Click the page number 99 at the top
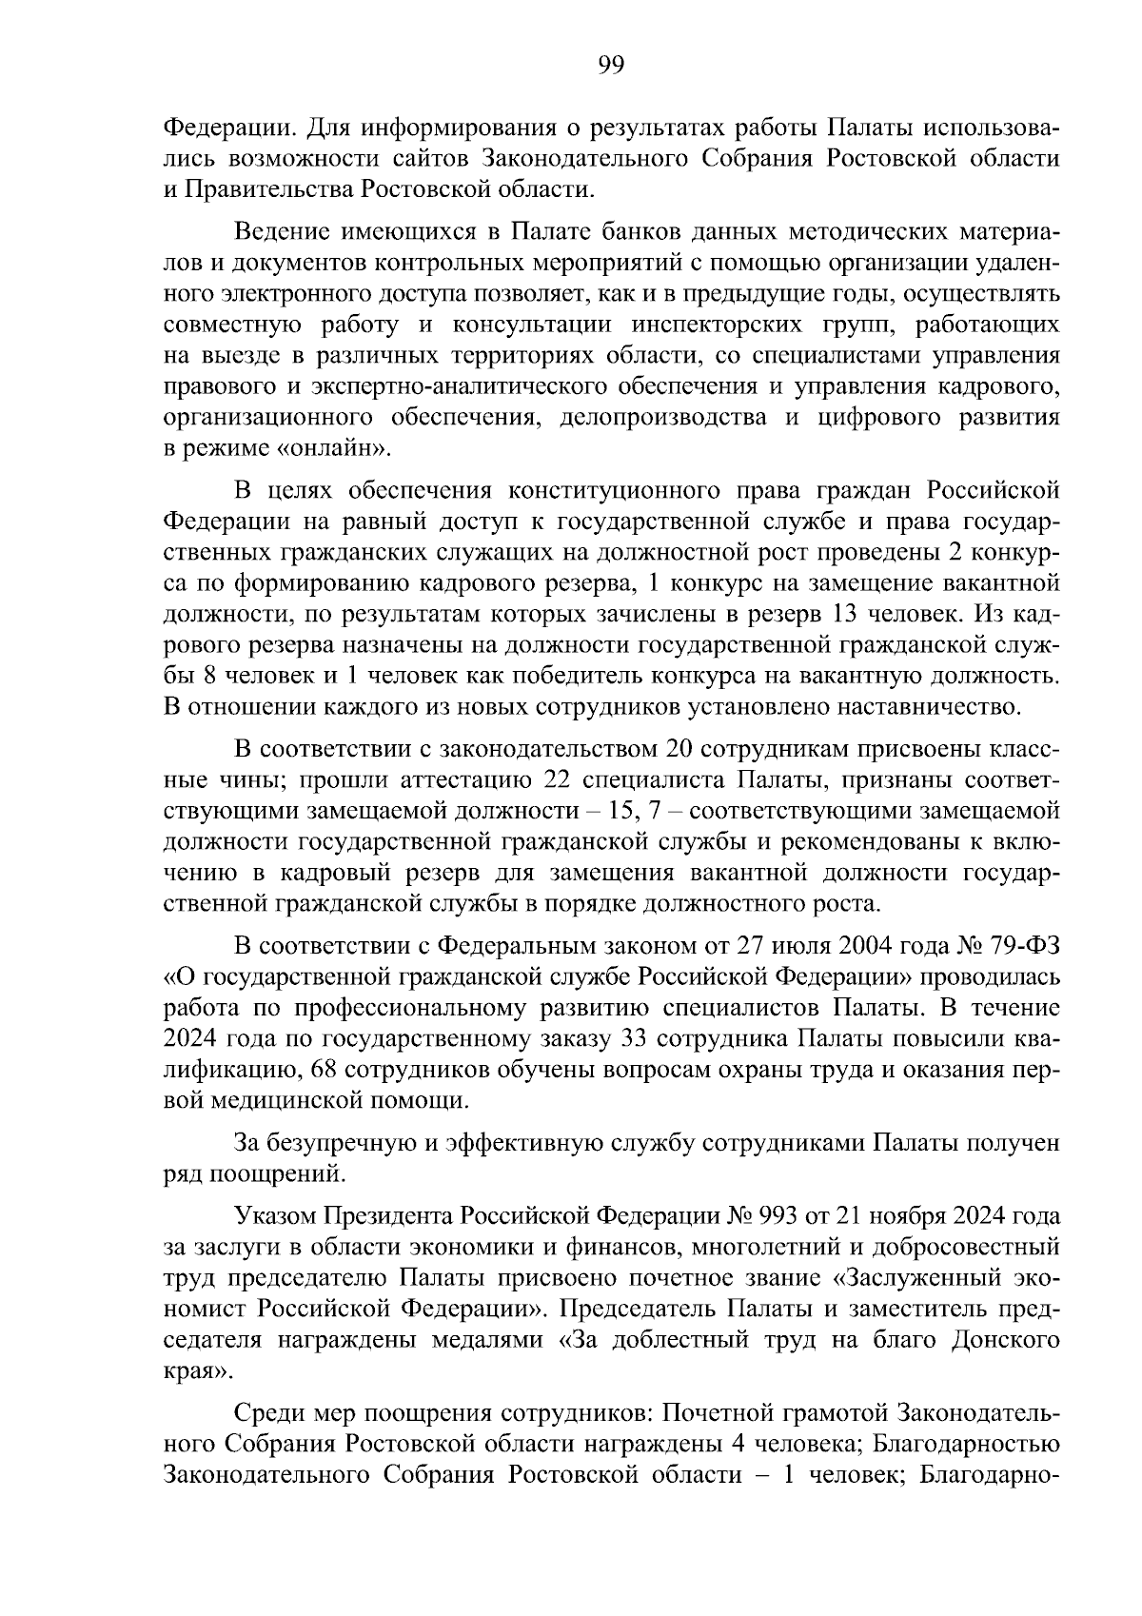(x=609, y=65)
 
